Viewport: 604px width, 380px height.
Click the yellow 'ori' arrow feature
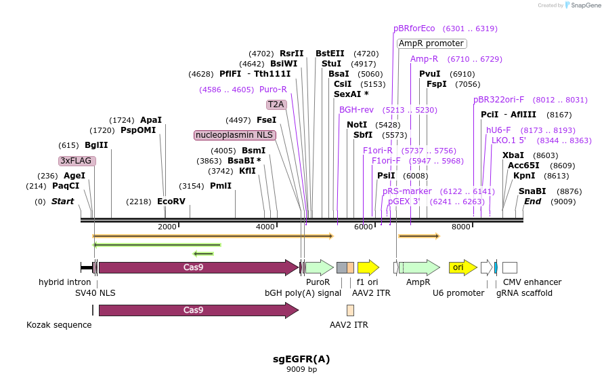[463, 267]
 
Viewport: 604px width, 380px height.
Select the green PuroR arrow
[320, 267]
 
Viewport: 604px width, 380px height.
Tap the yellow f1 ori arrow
[368, 267]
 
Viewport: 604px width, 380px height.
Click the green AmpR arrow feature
[420, 267]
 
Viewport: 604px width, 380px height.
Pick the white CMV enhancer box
[510, 267]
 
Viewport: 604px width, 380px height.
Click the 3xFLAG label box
[77, 161]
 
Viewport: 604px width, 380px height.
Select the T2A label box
[276, 104]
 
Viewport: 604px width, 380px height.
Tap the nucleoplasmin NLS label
[234, 135]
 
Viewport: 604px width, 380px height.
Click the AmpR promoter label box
[432, 43]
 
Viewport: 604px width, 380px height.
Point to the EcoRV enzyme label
[171, 202]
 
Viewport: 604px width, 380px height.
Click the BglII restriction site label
[96, 145]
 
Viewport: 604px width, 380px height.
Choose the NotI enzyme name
[357, 125]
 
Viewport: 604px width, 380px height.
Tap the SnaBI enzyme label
[532, 191]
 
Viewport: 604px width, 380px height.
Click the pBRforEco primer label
[414, 28]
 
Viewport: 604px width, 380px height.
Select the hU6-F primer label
[498, 130]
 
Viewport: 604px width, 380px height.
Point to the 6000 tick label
[363, 227]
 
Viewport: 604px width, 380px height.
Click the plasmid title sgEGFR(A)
[301, 359]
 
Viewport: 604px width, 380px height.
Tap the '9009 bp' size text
[301, 370]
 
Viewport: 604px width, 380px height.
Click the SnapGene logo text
[586, 5]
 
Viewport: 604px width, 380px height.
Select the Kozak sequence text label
[59, 325]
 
